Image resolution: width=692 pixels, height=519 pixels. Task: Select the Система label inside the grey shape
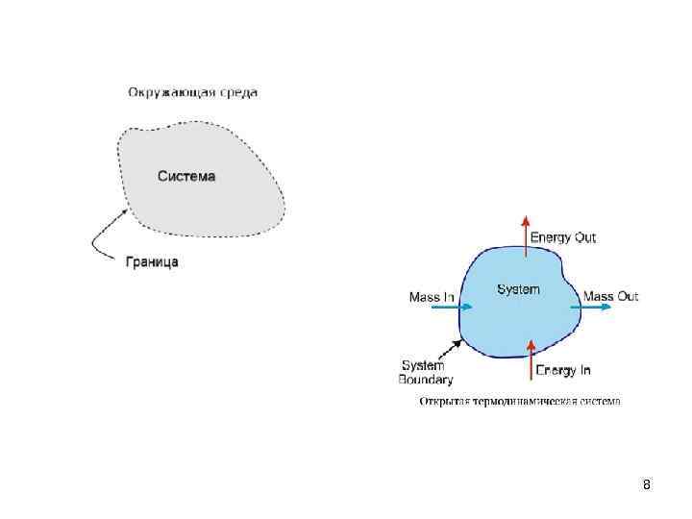click(x=186, y=176)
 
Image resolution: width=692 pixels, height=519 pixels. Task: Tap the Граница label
click(x=152, y=260)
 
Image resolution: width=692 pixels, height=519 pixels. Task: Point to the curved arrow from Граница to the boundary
click(x=103, y=236)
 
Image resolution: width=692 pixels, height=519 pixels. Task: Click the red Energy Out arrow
click(x=525, y=236)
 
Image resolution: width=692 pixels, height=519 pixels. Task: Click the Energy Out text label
click(x=563, y=236)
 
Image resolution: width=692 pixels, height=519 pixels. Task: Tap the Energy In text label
click(x=563, y=370)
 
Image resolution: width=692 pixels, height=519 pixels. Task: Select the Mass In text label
click(x=432, y=297)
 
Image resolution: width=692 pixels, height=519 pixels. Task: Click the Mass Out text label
click(x=611, y=296)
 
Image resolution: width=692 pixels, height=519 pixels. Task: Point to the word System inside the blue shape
click(x=518, y=289)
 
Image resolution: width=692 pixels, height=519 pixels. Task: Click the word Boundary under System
click(x=426, y=380)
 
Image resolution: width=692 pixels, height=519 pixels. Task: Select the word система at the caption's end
click(x=602, y=401)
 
